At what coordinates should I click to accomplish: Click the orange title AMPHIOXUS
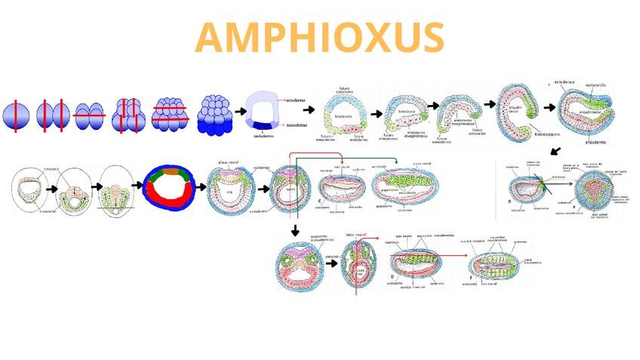click(x=319, y=38)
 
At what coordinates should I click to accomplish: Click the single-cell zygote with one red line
click(x=15, y=116)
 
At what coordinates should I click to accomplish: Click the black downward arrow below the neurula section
click(x=296, y=229)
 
